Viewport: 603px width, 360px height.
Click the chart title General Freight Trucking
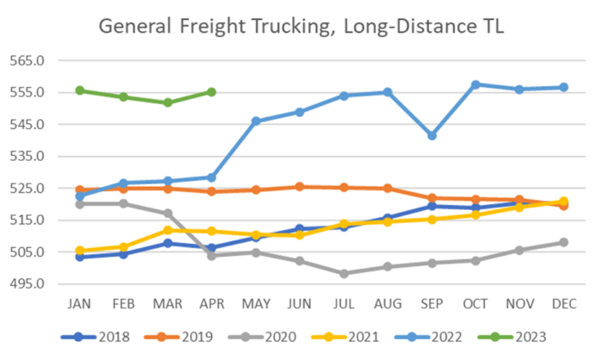click(x=301, y=27)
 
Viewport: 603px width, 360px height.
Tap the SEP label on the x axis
click(x=432, y=303)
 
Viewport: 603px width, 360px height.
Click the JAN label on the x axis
click(x=80, y=303)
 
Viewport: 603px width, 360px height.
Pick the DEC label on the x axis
click(x=563, y=303)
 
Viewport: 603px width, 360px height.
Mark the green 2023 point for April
click(x=211, y=91)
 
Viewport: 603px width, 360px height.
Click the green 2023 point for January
click(x=80, y=90)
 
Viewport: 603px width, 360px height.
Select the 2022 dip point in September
click(x=432, y=135)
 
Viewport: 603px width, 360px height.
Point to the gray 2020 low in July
click(x=344, y=273)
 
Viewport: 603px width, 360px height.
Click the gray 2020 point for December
click(x=563, y=242)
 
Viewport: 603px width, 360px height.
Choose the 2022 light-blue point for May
click(x=256, y=121)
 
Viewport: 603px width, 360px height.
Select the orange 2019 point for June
click(x=300, y=186)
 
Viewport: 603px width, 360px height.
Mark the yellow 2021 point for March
click(x=168, y=230)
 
